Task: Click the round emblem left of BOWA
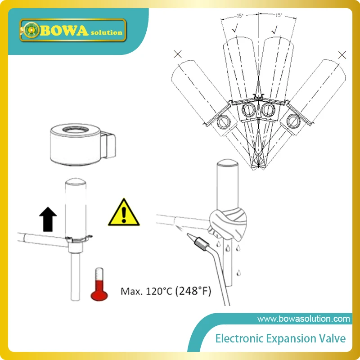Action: click(31, 30)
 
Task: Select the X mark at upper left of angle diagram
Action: click(178, 55)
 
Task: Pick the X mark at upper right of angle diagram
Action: click(342, 55)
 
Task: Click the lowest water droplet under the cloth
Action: click(239, 271)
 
